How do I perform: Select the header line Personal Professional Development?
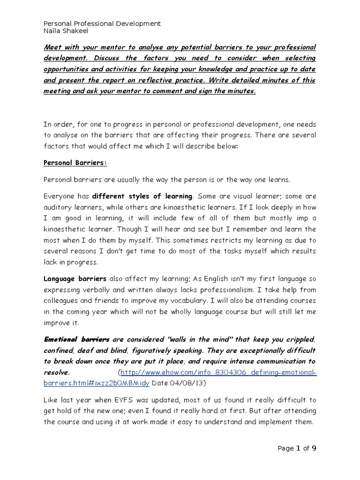102,23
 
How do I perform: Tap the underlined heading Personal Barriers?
75,163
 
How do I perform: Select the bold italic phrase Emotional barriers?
76,339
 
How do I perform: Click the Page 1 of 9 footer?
297,449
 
